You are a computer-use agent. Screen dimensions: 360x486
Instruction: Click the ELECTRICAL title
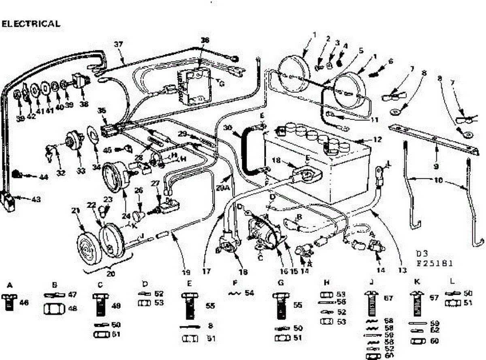[x=31, y=24]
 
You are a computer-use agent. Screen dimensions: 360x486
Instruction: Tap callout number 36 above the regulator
[x=205, y=40]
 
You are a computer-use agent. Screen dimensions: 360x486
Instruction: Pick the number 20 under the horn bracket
[x=111, y=273]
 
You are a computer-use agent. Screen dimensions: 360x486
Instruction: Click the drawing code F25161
[x=435, y=263]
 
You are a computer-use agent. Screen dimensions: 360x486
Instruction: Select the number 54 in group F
[x=249, y=293]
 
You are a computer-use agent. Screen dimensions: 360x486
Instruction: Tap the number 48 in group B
[x=73, y=309]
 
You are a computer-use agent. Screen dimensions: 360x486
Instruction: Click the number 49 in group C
[x=116, y=306]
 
